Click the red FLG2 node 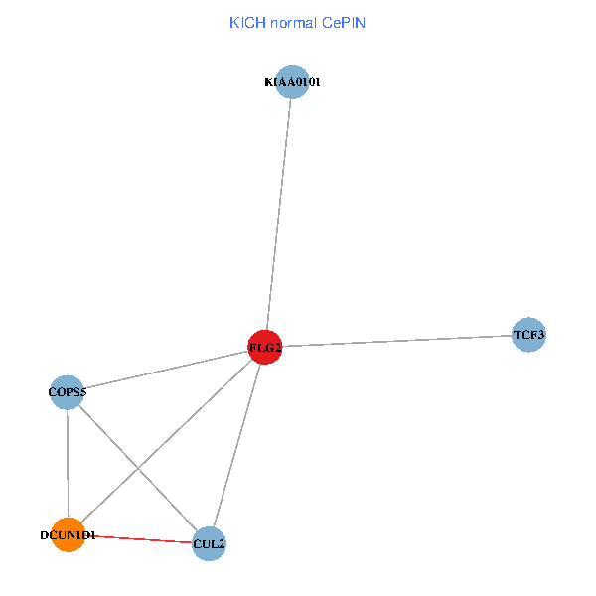(265, 347)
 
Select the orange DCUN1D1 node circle (68, 535)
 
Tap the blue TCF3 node (528, 336)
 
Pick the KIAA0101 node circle (292, 82)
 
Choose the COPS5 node (67, 392)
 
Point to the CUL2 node (209, 543)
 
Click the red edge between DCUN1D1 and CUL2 (139, 539)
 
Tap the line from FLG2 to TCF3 (397, 341)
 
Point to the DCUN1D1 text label (68, 536)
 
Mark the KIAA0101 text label (292, 83)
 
